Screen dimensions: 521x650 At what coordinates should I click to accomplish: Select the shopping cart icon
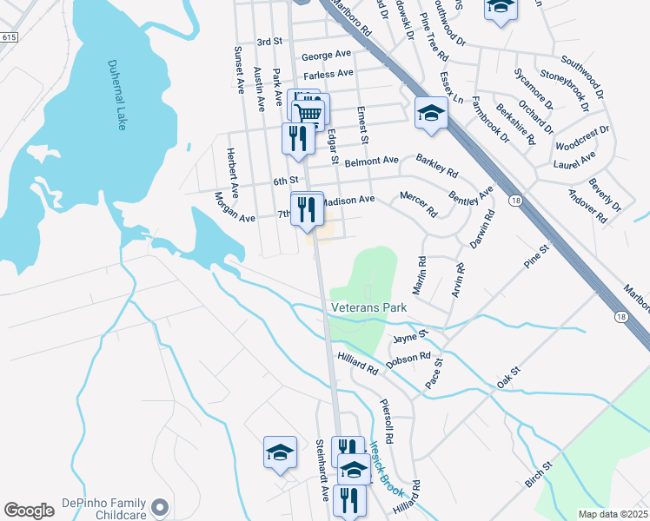309,113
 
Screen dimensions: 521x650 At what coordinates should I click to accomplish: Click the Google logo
29,510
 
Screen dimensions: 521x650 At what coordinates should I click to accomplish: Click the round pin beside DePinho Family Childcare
158,506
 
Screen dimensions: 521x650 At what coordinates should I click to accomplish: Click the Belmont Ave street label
371,162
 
